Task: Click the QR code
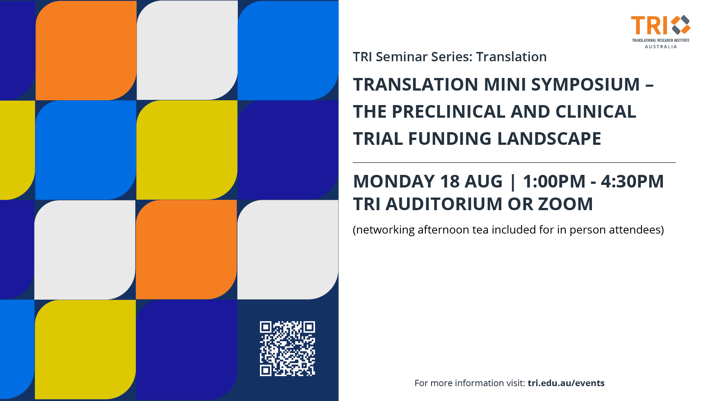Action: coord(287,349)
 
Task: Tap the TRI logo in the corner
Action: coord(661,32)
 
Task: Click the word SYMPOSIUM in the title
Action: coord(585,84)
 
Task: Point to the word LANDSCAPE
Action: coord(549,138)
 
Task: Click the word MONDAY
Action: coord(394,181)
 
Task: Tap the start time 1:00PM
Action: coord(554,181)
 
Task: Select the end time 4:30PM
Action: coord(632,181)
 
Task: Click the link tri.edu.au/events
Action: coord(566,383)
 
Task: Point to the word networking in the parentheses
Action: coord(384,230)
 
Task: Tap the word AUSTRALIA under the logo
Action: coord(661,46)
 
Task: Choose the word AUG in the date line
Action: coord(484,181)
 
